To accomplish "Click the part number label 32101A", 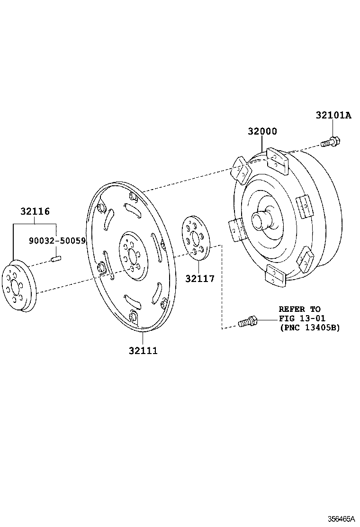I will point(333,115).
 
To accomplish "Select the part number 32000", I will point(262,131).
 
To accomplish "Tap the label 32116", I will point(35,212).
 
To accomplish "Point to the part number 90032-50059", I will point(57,241).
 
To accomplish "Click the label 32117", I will point(199,279).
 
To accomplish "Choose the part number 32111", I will point(143,351).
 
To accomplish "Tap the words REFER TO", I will point(299,309).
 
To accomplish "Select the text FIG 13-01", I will point(302,318).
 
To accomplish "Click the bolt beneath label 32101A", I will point(331,141).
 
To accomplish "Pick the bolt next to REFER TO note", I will point(247,322).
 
